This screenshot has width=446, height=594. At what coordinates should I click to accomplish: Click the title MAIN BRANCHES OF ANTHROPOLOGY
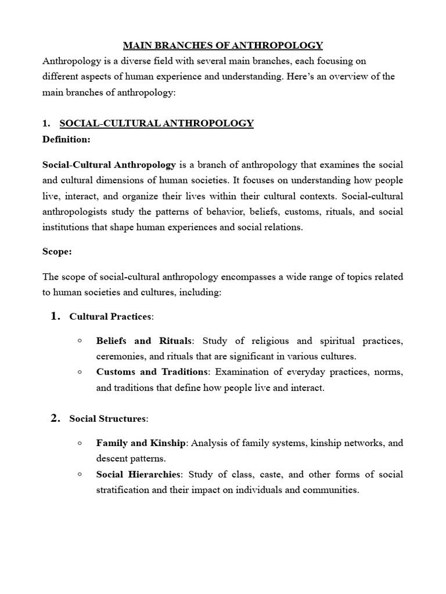tap(222, 45)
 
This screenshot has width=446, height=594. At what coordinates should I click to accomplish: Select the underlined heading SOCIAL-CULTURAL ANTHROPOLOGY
tap(156, 123)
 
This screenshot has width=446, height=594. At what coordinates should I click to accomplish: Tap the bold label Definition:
tap(66, 139)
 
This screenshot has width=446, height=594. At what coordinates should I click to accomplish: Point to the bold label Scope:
tap(56, 252)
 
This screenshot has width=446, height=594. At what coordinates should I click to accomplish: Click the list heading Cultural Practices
tap(110, 317)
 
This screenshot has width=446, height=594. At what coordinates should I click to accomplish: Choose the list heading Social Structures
tap(108, 418)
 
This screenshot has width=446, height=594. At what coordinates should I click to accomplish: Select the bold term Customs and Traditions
tap(152, 371)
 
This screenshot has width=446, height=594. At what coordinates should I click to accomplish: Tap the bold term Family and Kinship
tap(141, 443)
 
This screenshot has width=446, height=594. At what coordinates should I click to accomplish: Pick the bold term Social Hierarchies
tap(139, 475)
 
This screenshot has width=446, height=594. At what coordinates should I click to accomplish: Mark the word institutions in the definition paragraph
tap(66, 227)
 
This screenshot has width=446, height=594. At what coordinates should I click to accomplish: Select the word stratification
tap(124, 490)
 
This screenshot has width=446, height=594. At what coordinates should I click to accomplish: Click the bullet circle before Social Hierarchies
tap(79, 474)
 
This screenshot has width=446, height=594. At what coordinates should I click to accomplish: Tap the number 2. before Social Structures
tap(55, 418)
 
